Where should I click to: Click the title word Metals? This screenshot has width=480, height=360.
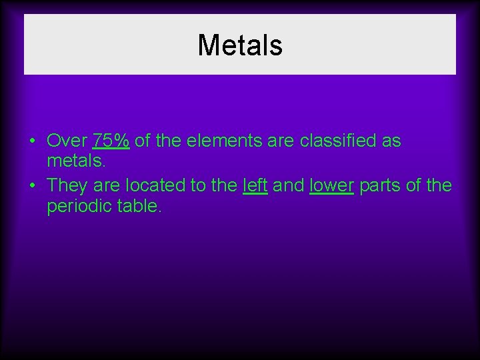[x=240, y=45]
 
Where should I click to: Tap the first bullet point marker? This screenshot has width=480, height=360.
[x=32, y=141]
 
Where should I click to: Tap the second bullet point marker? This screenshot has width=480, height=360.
[x=32, y=185]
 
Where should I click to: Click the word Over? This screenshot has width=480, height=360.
[x=67, y=141]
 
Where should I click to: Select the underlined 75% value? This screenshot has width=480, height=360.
[x=111, y=141]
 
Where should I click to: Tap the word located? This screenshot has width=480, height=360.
[x=154, y=185]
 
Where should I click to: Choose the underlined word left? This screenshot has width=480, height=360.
[x=255, y=185]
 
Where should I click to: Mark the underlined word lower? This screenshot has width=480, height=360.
[x=331, y=185]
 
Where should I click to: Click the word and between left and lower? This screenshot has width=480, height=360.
[x=288, y=185]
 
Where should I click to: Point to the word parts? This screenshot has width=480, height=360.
[x=380, y=185]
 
